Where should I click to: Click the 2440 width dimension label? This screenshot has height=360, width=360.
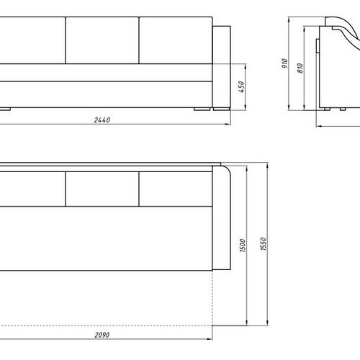click(102, 120)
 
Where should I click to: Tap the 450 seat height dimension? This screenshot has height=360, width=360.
click(241, 86)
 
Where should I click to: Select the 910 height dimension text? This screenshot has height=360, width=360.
click(284, 63)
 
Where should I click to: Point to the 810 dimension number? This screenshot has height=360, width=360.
click(300, 68)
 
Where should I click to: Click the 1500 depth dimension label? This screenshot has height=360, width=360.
click(243, 246)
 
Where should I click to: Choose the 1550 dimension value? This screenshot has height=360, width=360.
click(264, 244)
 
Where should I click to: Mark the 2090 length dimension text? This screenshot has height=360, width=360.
click(102, 335)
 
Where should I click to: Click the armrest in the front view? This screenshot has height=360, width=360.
click(222, 67)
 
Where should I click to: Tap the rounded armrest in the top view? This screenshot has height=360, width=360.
click(221, 218)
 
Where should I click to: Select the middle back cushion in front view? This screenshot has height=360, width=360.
click(102, 40)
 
